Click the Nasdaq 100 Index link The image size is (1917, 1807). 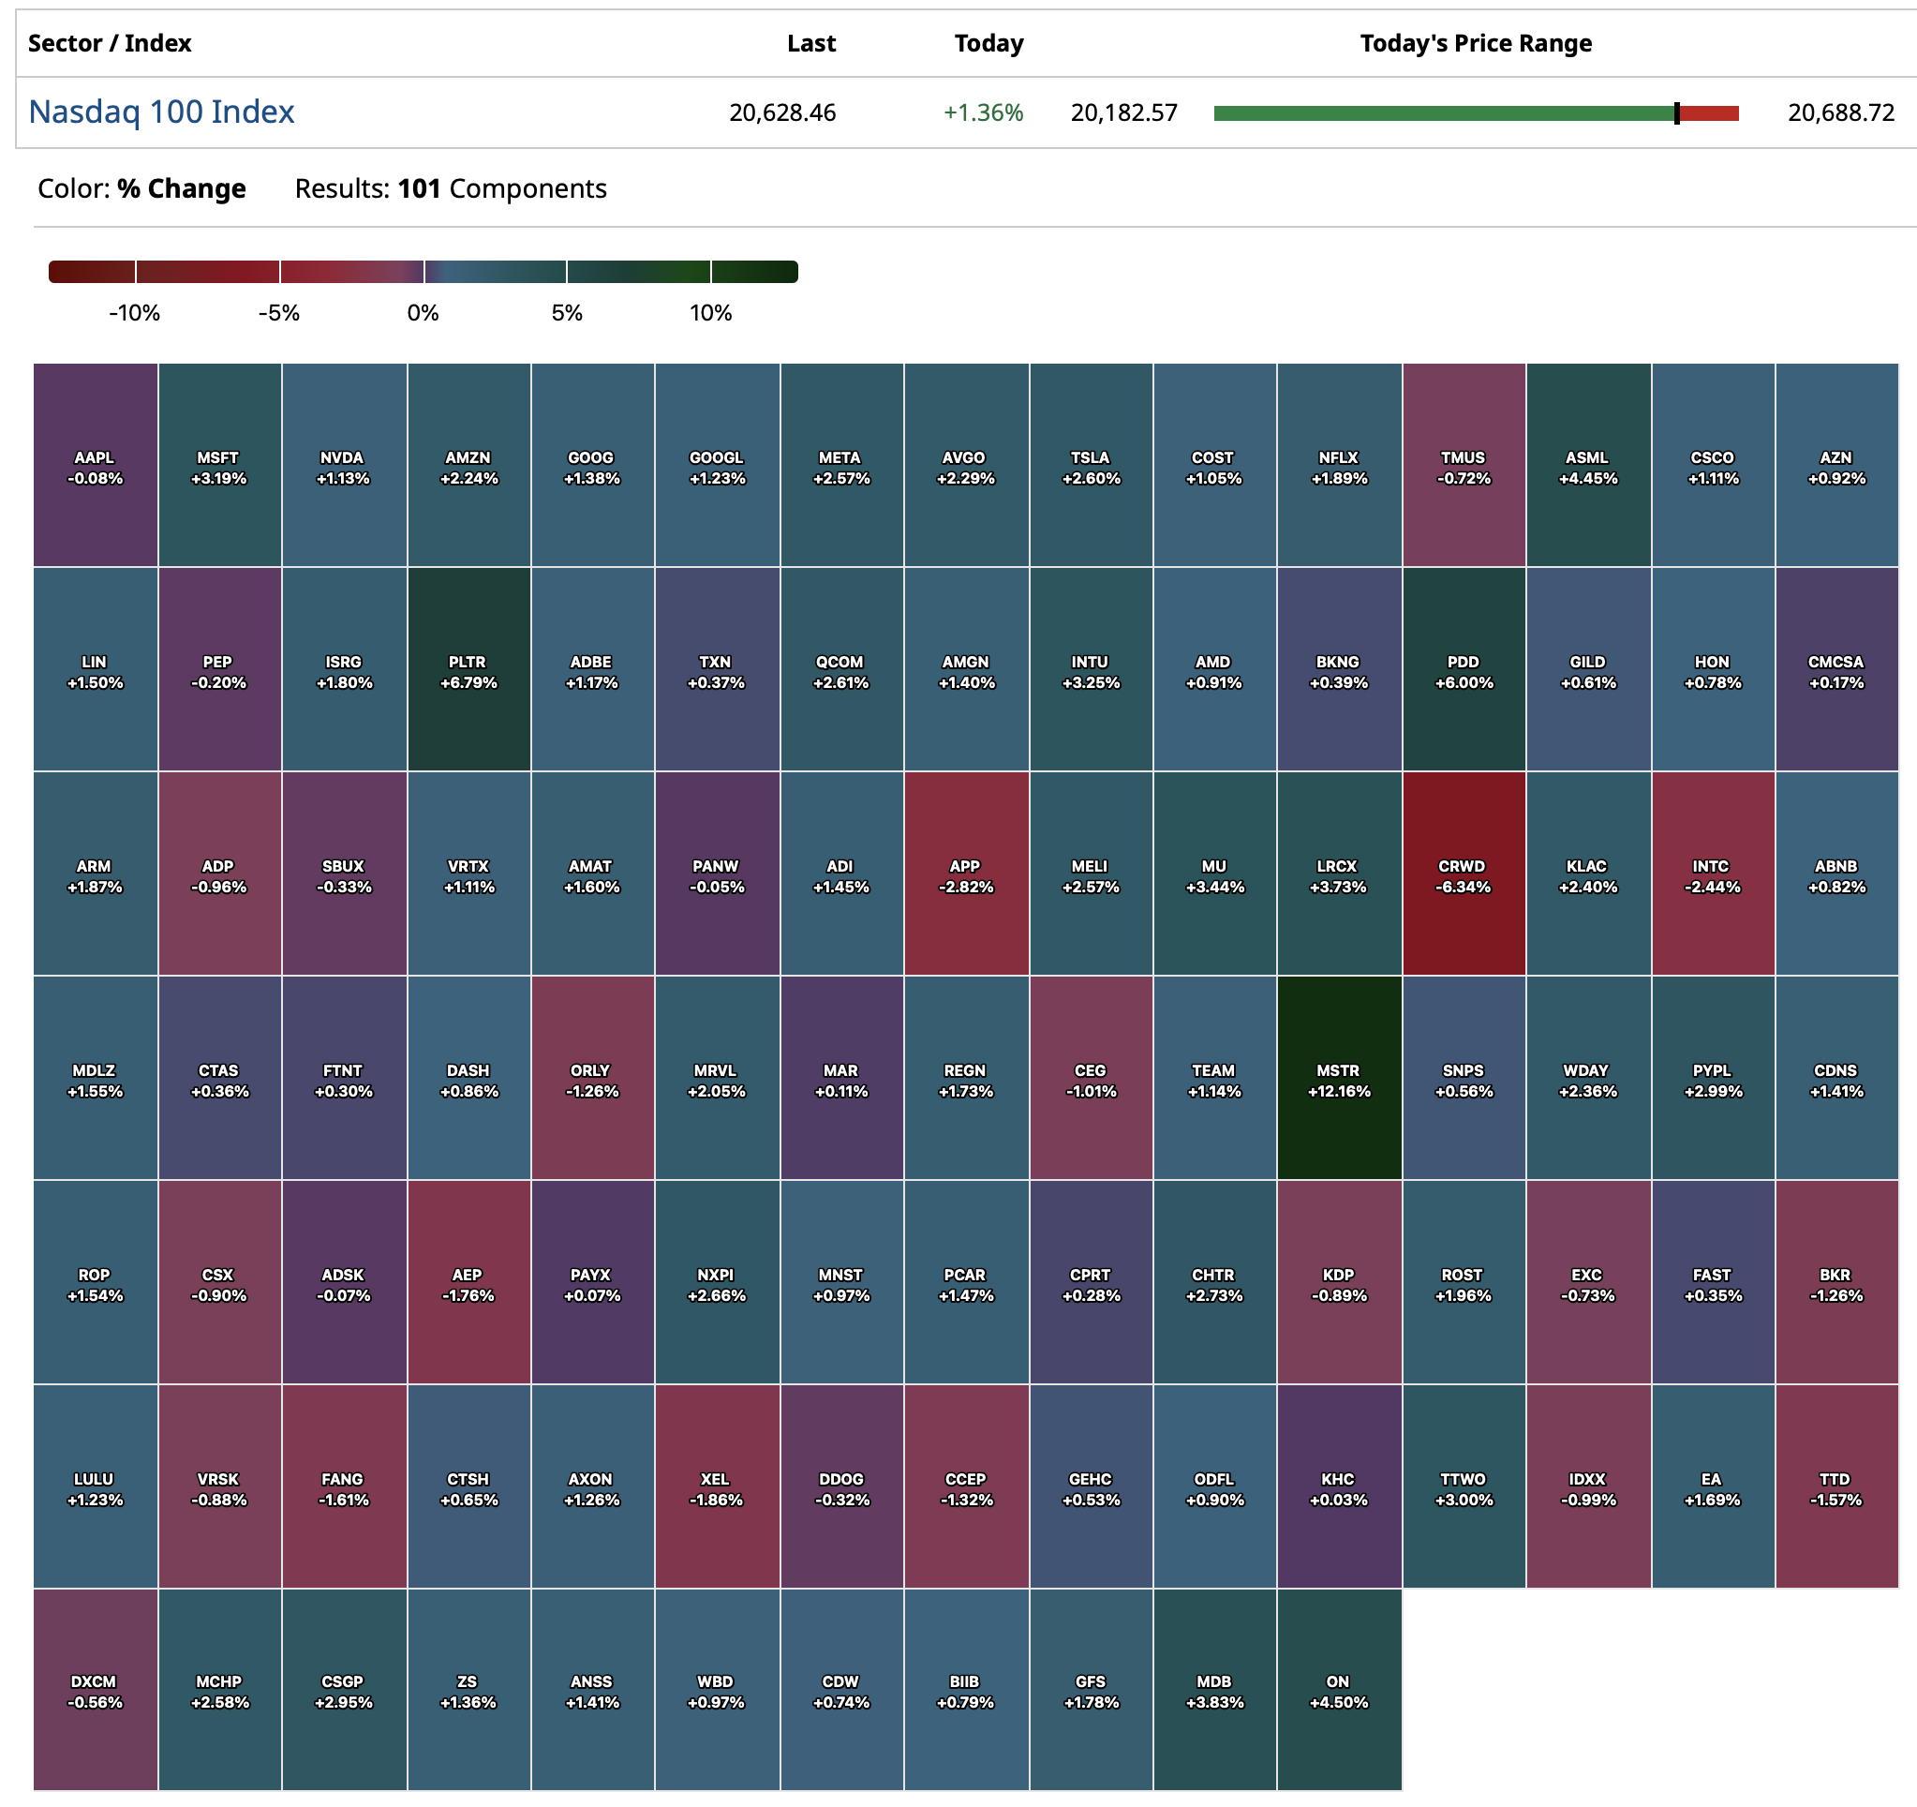[x=161, y=112]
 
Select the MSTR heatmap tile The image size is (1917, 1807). [x=1338, y=1079]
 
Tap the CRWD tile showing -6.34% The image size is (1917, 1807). [x=1463, y=874]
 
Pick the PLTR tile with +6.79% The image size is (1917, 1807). [x=468, y=669]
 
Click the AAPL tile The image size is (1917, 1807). [x=95, y=466]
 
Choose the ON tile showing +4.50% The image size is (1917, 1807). [x=1338, y=1690]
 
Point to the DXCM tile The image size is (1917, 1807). [x=95, y=1690]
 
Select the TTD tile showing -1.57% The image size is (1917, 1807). [x=1836, y=1486]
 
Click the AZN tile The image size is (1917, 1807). [x=1836, y=466]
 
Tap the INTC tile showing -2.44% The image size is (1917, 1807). [x=1712, y=874]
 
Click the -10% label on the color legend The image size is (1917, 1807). [x=134, y=313]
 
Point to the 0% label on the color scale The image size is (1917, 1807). [x=423, y=313]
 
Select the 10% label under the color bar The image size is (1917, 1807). [x=711, y=313]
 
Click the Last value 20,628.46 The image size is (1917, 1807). [x=782, y=112]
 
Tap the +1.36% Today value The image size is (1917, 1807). [x=983, y=112]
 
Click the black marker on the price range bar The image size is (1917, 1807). [x=1677, y=112]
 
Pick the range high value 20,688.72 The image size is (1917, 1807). [x=1841, y=112]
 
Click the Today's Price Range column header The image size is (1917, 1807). [x=1476, y=43]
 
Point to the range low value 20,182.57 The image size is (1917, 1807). [x=1123, y=112]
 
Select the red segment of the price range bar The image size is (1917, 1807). [x=1710, y=112]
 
